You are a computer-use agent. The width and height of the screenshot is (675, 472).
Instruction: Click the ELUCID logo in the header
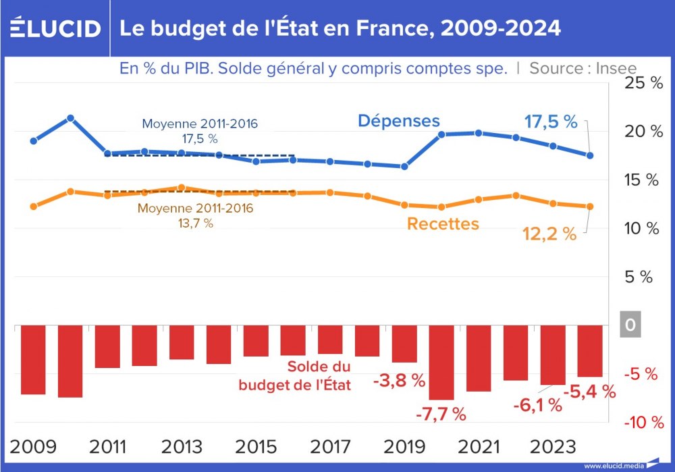point(55,28)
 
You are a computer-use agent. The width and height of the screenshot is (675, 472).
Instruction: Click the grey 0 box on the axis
point(630,325)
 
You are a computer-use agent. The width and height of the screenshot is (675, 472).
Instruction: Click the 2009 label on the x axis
point(33,447)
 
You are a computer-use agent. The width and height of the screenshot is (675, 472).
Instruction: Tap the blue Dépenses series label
point(398,121)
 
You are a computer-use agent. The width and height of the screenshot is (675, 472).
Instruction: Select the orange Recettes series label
point(443,224)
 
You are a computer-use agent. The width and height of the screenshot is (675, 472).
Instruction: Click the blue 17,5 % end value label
point(551,122)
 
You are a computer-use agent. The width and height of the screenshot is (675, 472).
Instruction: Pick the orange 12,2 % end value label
point(549,234)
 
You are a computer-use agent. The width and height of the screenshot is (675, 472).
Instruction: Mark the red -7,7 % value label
point(440,415)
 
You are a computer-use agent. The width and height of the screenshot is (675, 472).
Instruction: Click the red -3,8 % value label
point(399,380)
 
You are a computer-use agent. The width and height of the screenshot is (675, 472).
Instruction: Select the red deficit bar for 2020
point(441,363)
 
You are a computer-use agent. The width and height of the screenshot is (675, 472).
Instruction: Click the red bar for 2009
point(33,360)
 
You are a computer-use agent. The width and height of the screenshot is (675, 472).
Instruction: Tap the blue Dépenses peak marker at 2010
point(70,118)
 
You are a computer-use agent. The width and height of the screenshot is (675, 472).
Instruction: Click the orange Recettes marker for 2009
point(33,207)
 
